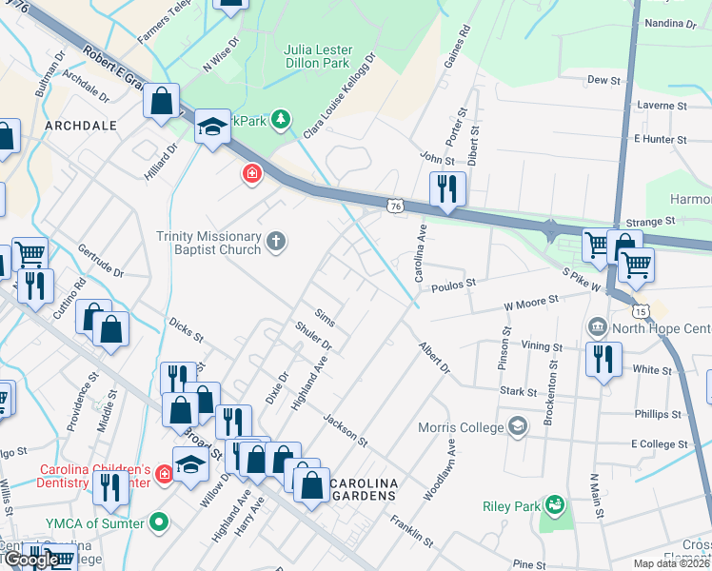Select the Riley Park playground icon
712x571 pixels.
click(556, 503)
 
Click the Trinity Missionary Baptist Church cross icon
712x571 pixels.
click(276, 241)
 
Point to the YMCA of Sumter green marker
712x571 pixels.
click(160, 522)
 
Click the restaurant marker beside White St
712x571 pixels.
click(603, 359)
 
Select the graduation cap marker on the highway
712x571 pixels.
click(212, 127)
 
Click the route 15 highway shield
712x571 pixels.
click(642, 311)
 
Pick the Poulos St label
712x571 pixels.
click(453, 284)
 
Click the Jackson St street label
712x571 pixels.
click(345, 430)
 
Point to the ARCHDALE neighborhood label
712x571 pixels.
click(80, 125)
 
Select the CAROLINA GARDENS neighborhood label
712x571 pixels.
click(362, 490)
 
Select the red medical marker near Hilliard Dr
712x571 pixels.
click(252, 174)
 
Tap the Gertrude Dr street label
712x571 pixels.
click(101, 266)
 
